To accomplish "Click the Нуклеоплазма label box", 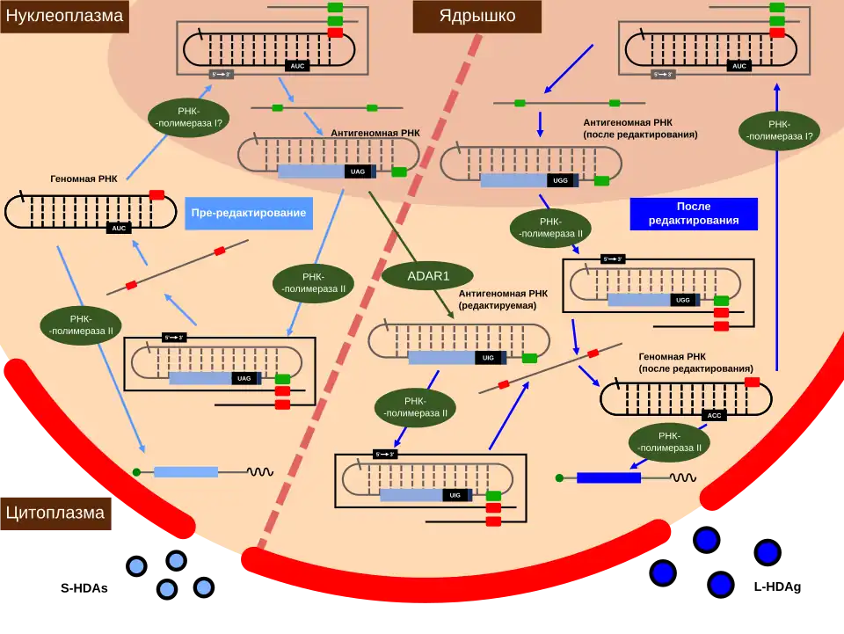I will coord(64,16).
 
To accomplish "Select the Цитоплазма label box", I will coord(55,513).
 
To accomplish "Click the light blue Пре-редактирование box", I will coord(248,214).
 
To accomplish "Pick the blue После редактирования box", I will coord(693,214).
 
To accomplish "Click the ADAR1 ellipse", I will coord(428,275).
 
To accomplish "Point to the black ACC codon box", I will coord(714,415).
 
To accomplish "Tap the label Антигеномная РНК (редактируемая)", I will coord(504,300).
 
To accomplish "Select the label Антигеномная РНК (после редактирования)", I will coord(640,128).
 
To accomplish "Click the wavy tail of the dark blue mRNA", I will coord(683,477).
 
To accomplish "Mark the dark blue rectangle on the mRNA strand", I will coord(608,477).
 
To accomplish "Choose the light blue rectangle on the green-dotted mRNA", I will coord(186,472).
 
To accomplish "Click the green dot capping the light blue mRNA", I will coord(136,472).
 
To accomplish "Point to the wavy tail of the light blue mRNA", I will coord(259,472).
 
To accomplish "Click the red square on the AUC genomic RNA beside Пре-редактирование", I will coord(156,194).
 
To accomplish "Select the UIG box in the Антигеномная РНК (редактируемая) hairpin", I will coord(489,358).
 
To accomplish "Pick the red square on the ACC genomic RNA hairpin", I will coord(752,383).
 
